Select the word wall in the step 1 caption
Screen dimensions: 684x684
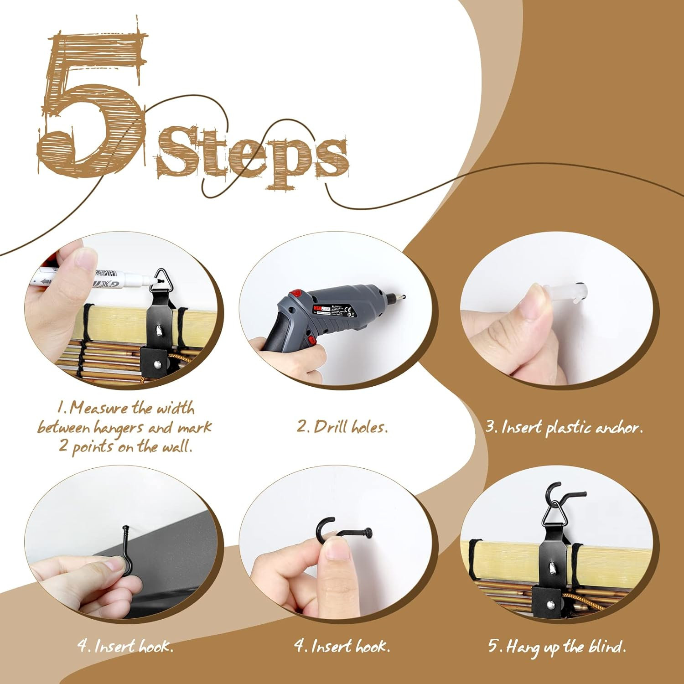pyautogui.click(x=177, y=446)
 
